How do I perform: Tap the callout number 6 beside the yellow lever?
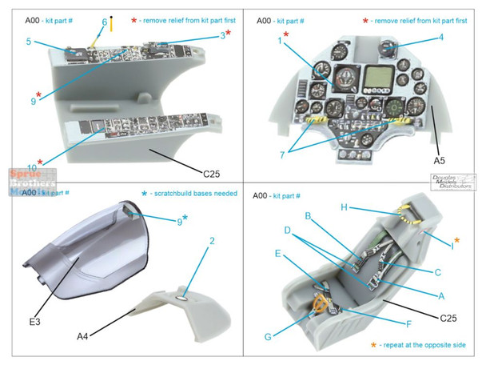tap(104, 22)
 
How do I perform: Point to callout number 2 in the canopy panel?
tap(212, 241)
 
